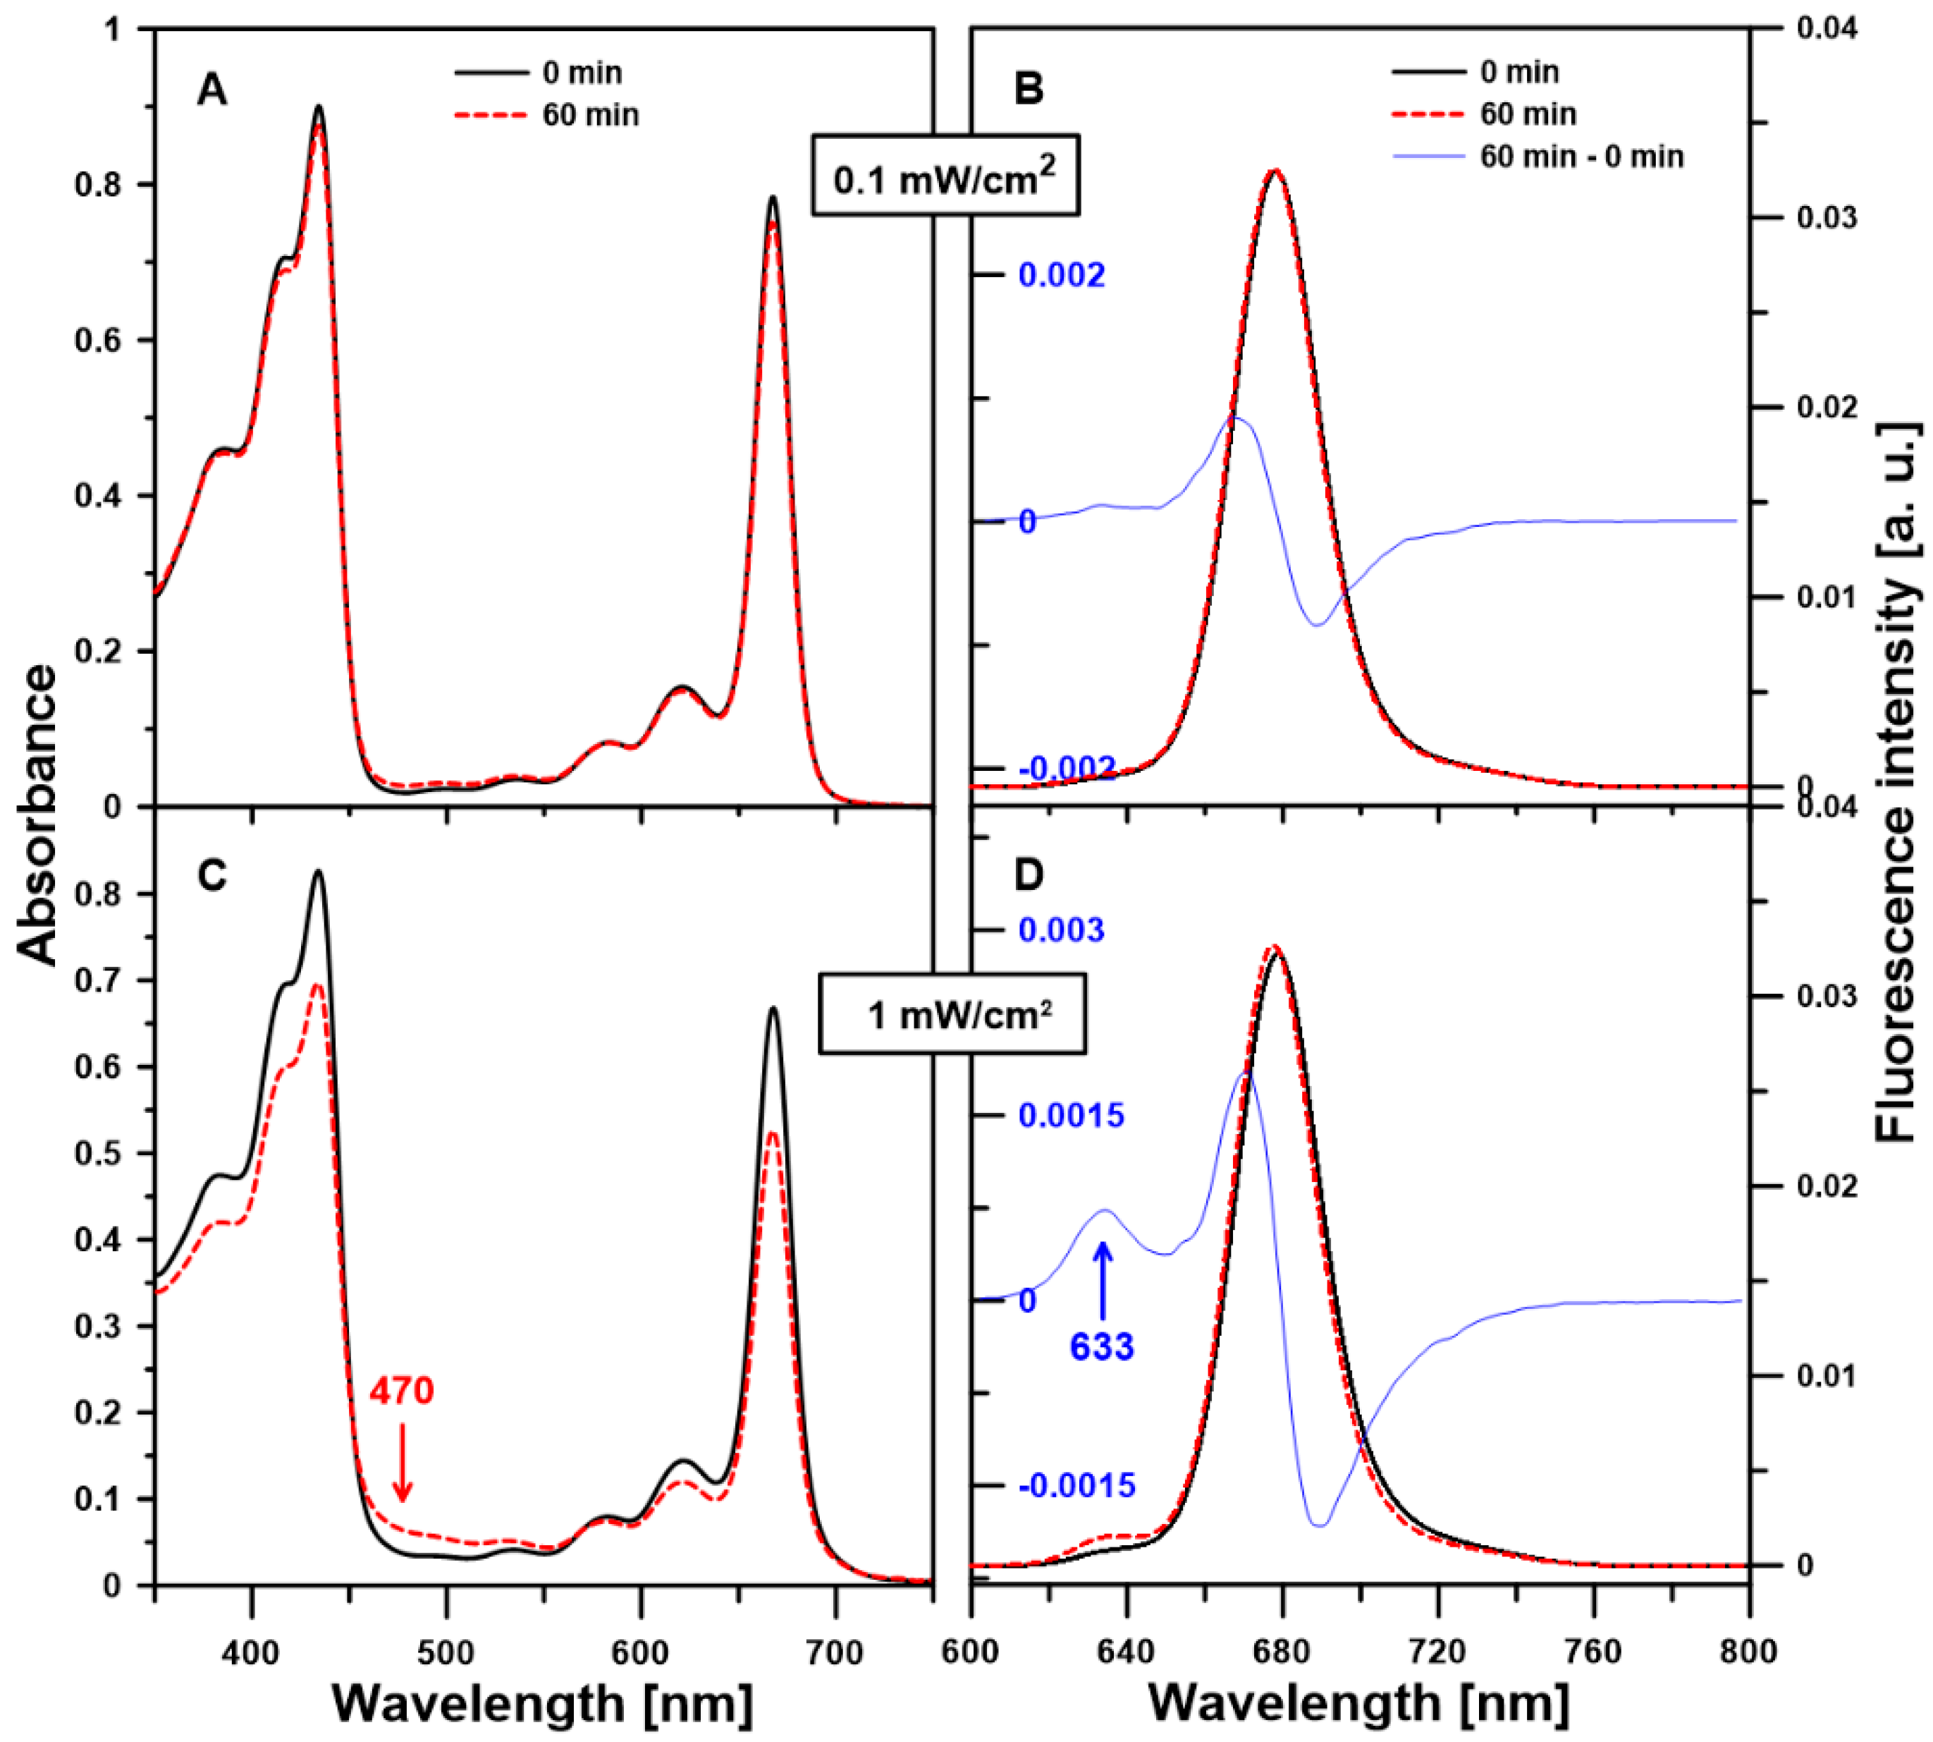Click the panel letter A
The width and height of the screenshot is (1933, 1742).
tap(211, 91)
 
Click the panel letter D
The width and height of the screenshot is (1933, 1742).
tap(1028, 875)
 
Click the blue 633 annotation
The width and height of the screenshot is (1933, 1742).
tap(1101, 1347)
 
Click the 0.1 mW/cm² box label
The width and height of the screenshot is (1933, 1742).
tap(945, 177)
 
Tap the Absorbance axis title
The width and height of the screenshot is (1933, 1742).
tap(38, 814)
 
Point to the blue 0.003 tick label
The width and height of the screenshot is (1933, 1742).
tap(1060, 930)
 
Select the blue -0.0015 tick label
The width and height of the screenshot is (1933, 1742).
tap(1076, 1485)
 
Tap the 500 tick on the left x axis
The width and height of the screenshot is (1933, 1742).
tap(446, 1653)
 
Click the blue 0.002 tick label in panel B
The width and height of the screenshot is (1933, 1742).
tap(1060, 276)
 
